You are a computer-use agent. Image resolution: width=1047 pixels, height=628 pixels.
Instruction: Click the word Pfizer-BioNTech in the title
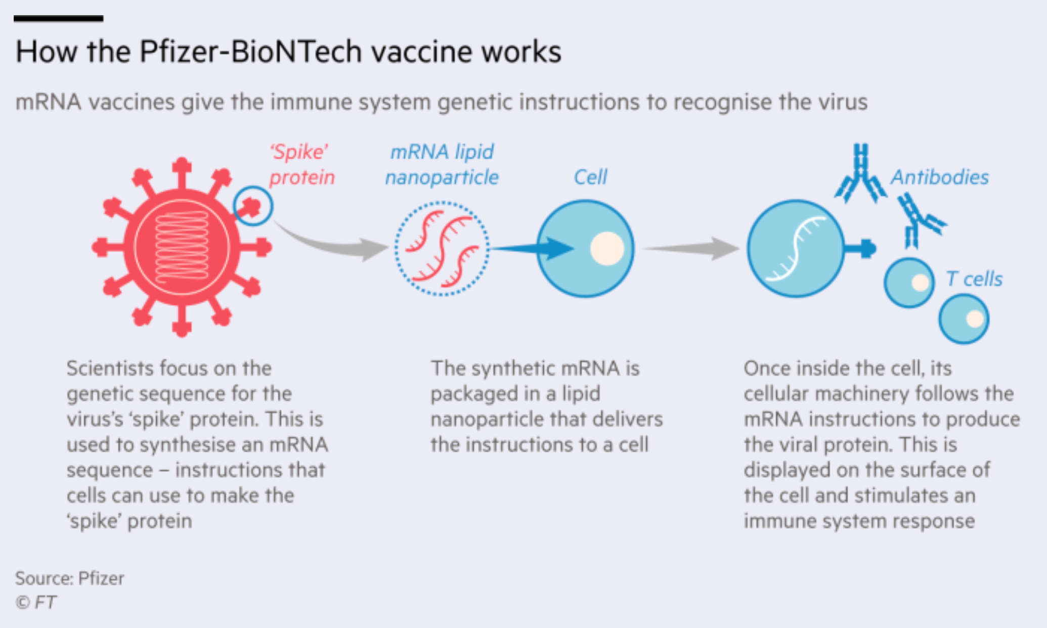coord(250,52)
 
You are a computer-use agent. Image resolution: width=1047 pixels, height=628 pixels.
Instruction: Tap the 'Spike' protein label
coord(301,165)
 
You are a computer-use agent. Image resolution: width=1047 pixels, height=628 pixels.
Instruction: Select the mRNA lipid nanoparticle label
coord(442,165)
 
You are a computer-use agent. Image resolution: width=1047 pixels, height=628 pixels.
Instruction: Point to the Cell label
coord(590,177)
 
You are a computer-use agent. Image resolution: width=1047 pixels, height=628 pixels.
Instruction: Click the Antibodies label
coord(939,177)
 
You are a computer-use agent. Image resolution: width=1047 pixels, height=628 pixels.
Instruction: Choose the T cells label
coord(974,279)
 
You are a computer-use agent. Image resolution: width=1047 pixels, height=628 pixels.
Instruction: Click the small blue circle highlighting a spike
coord(253,206)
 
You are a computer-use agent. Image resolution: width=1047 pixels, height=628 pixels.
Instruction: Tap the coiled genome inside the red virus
coord(182,247)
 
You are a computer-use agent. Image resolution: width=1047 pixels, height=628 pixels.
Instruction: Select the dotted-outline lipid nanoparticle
coord(442,248)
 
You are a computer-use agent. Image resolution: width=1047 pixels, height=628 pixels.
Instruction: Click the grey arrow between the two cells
coord(693,248)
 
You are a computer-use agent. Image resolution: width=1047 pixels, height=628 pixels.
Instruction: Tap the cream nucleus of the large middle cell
coord(607,249)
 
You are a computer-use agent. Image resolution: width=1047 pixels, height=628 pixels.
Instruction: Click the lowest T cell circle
coord(964,320)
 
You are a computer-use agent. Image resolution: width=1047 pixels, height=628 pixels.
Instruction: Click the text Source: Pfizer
coord(70,578)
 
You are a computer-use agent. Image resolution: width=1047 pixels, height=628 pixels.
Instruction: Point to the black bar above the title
coord(59,19)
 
